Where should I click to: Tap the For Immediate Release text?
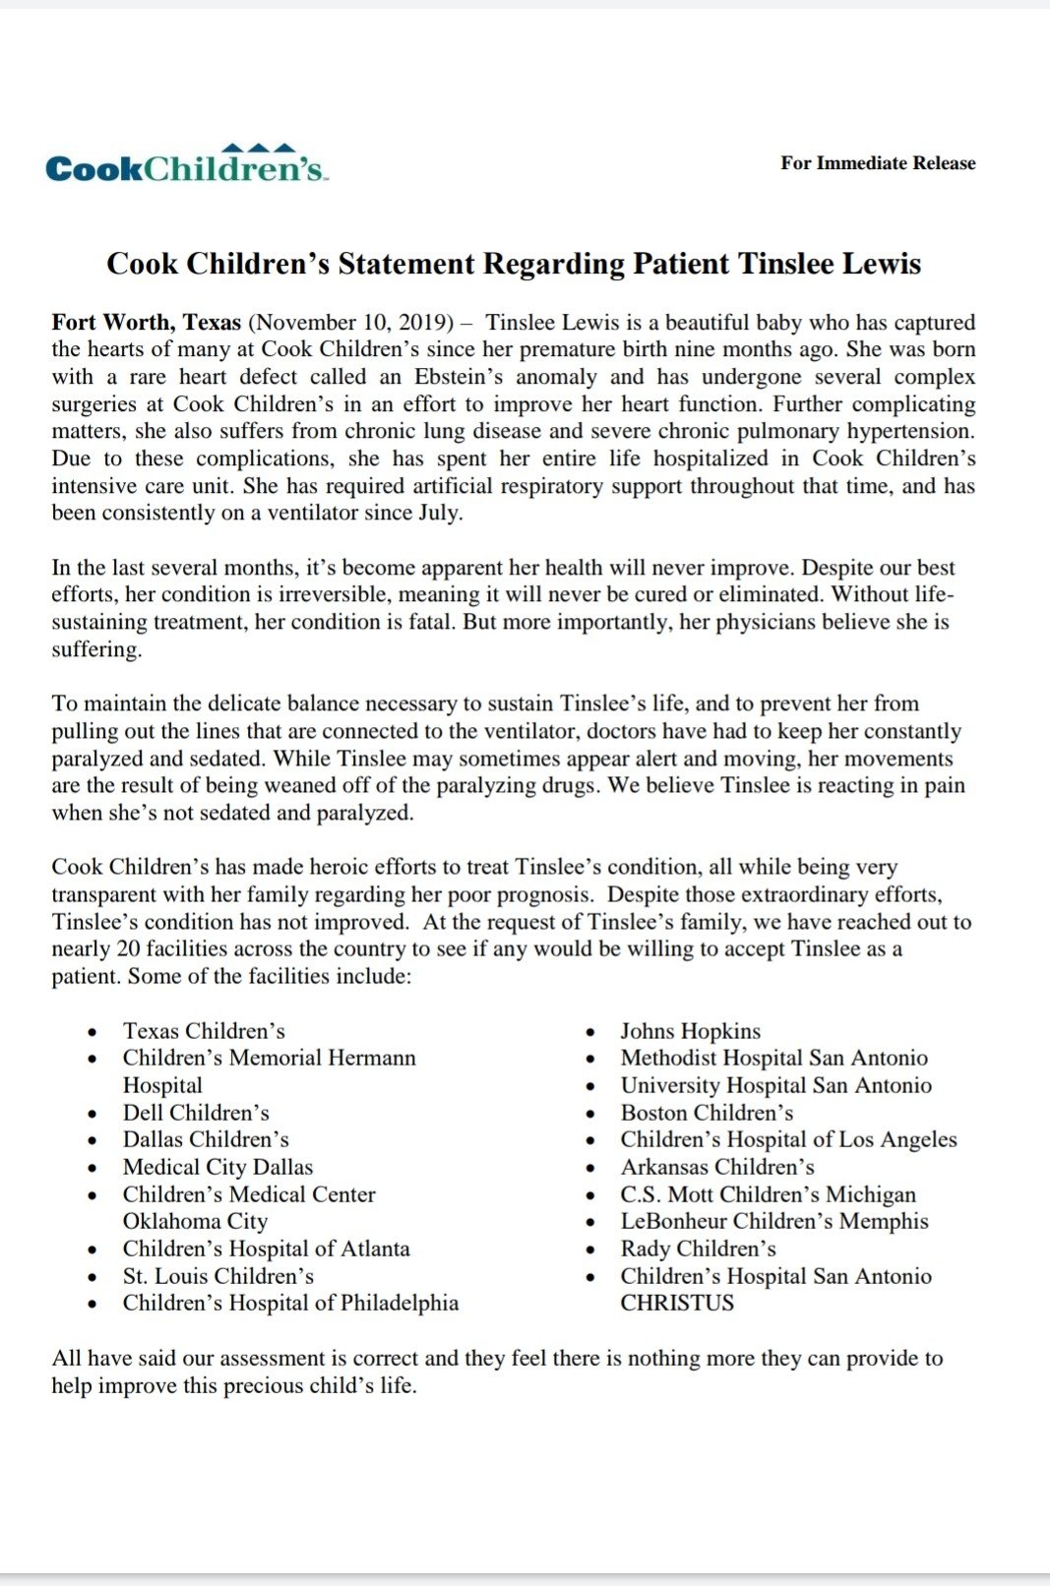click(x=878, y=163)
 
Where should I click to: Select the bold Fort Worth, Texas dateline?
click(x=147, y=323)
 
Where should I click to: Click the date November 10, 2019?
click(x=350, y=323)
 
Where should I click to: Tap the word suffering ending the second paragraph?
click(x=95, y=649)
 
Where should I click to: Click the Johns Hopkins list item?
click(x=690, y=1031)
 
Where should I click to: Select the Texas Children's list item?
click(x=204, y=1031)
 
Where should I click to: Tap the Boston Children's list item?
click(x=707, y=1113)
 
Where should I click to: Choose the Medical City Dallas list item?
click(x=217, y=1167)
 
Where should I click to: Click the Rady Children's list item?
click(x=698, y=1249)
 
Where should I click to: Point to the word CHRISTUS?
click(x=677, y=1303)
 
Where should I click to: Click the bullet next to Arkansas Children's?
click(x=590, y=1168)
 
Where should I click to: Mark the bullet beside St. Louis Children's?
click(x=93, y=1277)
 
